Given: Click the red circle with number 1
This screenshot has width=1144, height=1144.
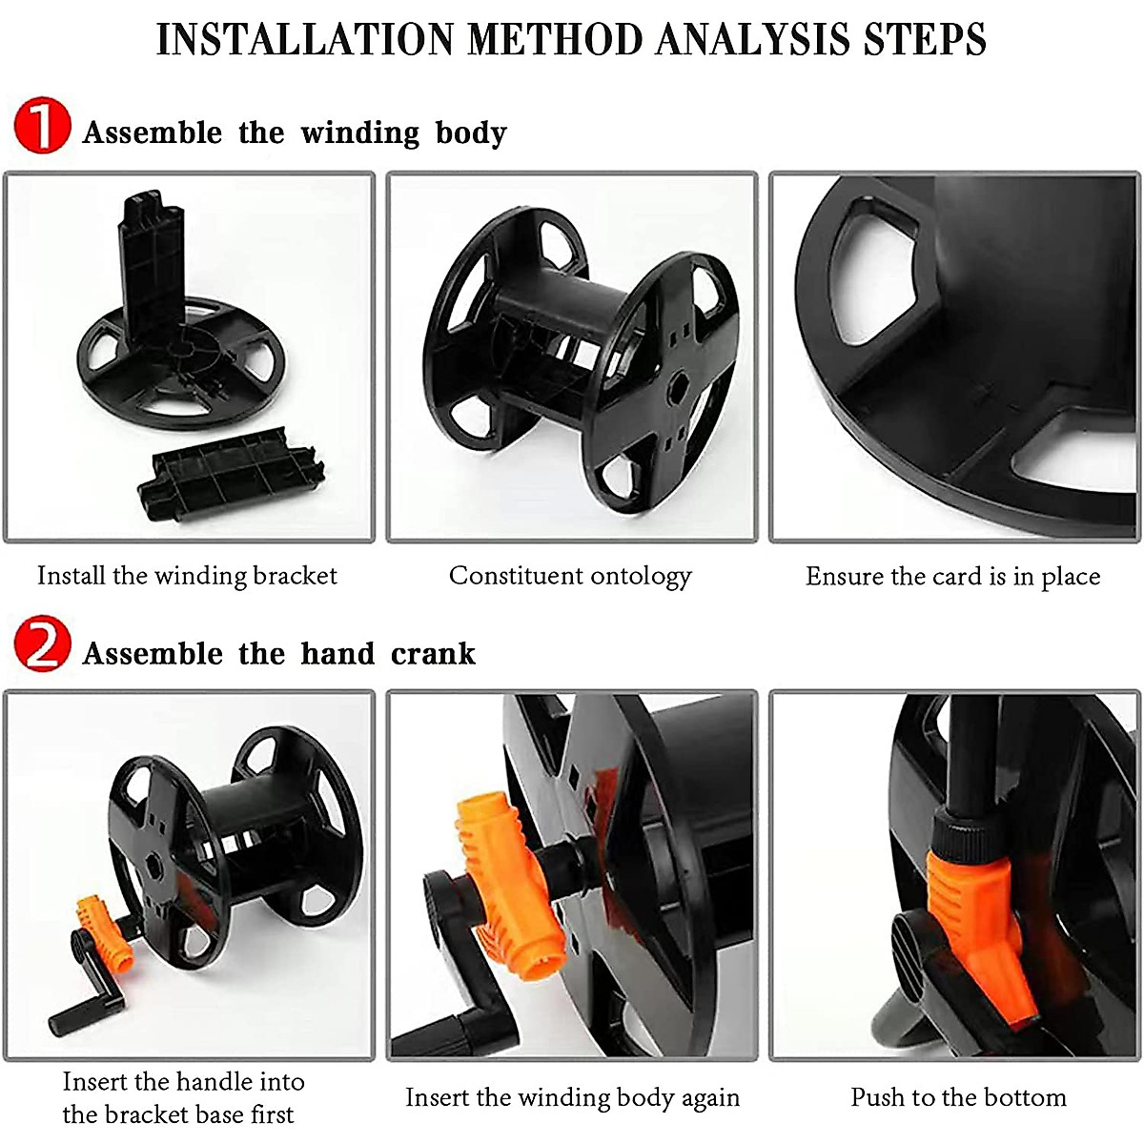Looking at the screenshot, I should (x=42, y=128).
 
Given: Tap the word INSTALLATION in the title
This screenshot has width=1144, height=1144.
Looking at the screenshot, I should (x=304, y=40).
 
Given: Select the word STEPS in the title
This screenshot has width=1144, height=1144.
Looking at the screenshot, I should (x=925, y=40).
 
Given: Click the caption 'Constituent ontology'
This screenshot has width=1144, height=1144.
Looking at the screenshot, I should (x=570, y=576).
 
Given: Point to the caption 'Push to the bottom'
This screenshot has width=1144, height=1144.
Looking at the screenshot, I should (x=958, y=1097).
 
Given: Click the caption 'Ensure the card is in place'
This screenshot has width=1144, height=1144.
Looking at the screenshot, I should (x=952, y=576).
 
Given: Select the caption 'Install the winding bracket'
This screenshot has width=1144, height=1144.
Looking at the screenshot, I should (x=187, y=576).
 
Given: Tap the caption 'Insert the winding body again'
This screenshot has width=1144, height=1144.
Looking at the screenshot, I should (x=572, y=1097).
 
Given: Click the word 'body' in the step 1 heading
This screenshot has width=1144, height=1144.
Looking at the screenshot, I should (x=471, y=133).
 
